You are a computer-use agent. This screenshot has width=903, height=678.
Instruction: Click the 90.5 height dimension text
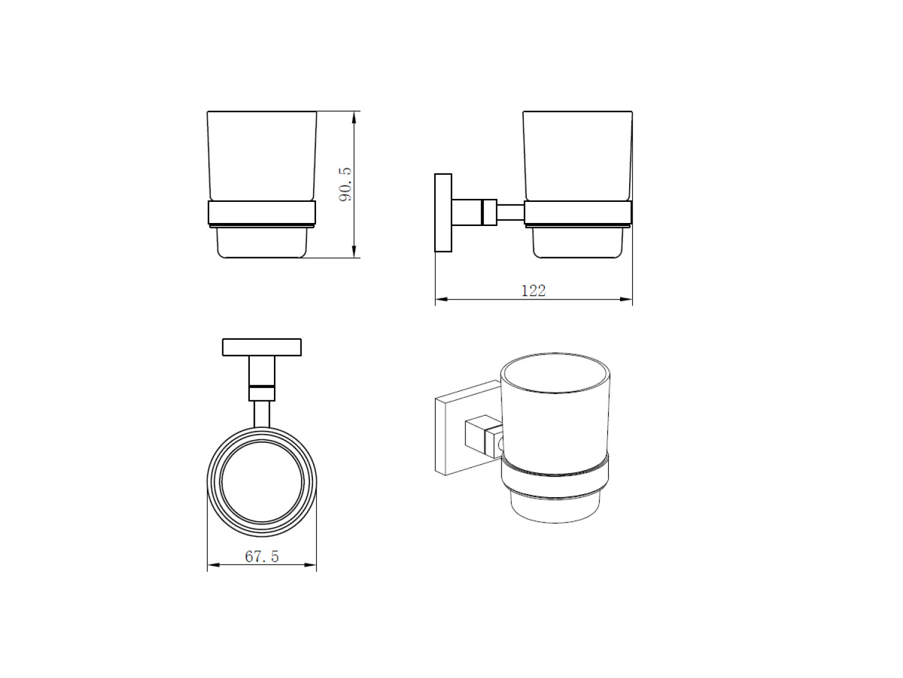[346, 184]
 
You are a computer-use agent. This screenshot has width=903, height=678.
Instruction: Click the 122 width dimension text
[533, 291]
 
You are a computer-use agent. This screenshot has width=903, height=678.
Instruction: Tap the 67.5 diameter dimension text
[262, 556]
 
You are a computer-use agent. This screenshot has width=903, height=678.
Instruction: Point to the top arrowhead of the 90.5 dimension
[354, 117]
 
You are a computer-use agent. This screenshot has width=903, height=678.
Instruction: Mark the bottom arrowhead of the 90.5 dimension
[354, 252]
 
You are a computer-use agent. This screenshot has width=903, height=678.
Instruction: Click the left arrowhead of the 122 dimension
[441, 300]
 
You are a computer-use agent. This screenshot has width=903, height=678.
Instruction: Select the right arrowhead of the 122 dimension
[626, 300]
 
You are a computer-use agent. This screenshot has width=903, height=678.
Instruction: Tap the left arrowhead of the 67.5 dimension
[214, 565]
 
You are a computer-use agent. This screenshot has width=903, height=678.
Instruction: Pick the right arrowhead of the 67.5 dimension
[310, 565]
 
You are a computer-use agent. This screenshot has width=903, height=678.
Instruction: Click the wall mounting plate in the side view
[443, 212]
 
